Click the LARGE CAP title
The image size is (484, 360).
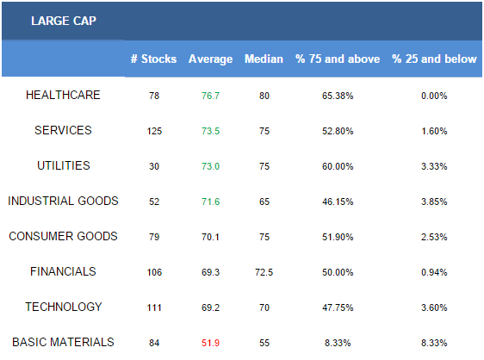pyautogui.click(x=64, y=21)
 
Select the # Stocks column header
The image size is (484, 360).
pyautogui.click(x=153, y=59)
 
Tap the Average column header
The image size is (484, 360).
pyautogui.click(x=210, y=59)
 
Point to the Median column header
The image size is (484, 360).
pyautogui.click(x=264, y=59)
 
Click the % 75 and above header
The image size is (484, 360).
pyautogui.click(x=338, y=59)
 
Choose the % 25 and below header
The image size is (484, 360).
pyautogui.click(x=434, y=59)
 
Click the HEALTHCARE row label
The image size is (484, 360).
pyautogui.click(x=63, y=95)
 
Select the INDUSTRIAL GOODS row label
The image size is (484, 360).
pyautogui.click(x=63, y=201)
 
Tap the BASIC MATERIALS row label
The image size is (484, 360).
pyautogui.click(x=63, y=342)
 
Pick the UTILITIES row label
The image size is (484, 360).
pyautogui.click(x=63, y=166)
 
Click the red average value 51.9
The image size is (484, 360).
pyautogui.click(x=210, y=343)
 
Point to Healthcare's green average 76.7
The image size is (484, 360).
pyautogui.click(x=210, y=96)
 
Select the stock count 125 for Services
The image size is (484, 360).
pyautogui.click(x=154, y=131)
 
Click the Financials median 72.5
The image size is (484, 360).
pyautogui.click(x=264, y=272)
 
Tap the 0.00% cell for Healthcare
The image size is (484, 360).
pyautogui.click(x=434, y=96)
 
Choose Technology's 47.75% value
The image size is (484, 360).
pyautogui.click(x=338, y=307)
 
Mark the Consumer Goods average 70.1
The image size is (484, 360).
pyautogui.click(x=210, y=237)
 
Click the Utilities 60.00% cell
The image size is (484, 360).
pyautogui.click(x=338, y=166)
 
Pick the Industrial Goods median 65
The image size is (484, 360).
pyautogui.click(x=264, y=202)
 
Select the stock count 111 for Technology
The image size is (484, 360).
pyautogui.click(x=154, y=307)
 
